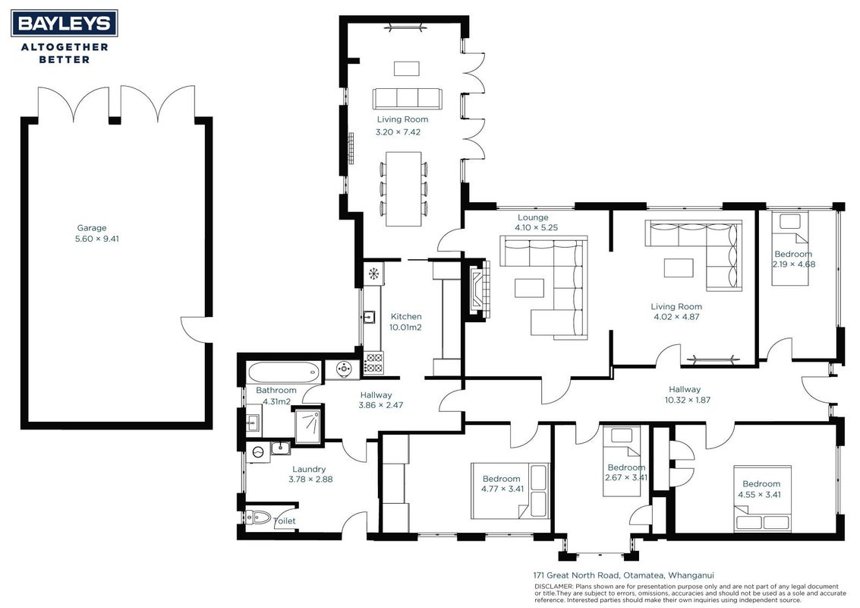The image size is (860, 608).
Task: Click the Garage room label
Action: coord(92,228)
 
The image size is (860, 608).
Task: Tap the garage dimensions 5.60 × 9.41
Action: coord(96,239)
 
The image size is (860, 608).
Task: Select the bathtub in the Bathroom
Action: coord(284,372)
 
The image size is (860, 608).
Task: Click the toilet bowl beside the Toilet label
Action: coord(258,517)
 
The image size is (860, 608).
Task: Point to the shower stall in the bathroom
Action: coord(308,425)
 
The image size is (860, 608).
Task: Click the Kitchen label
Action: coord(406,316)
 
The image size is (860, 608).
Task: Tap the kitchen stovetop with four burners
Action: coord(373,363)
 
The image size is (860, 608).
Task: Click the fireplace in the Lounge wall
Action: coord(477,288)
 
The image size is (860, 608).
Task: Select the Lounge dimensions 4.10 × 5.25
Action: coord(536,227)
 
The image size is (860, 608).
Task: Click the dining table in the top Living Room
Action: coord(403,188)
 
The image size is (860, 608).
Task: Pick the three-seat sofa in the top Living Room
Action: coord(407,99)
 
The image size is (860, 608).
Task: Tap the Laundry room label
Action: coord(309,469)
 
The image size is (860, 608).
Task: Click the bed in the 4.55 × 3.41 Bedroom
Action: coord(763,499)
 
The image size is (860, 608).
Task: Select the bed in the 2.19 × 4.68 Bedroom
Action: coord(790,249)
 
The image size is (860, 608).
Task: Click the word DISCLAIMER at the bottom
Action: coord(553,587)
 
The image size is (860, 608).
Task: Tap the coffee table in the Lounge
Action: coord(529,288)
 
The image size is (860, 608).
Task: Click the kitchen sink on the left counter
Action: coord(369,317)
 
